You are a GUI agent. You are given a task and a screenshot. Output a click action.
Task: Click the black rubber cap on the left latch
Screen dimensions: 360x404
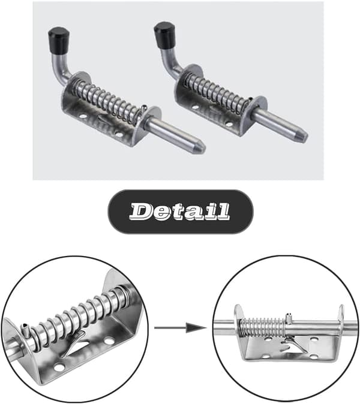pyautogui.click(x=59, y=38)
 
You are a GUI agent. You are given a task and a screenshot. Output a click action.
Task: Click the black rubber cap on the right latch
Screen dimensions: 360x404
pyautogui.click(x=164, y=33)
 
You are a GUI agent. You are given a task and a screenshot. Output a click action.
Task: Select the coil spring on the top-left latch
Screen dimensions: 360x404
pyautogui.click(x=109, y=99)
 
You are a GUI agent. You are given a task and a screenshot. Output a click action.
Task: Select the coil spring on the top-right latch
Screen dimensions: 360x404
pyautogui.click(x=215, y=92)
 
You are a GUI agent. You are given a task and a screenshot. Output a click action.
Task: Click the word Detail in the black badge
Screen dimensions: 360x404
pyautogui.click(x=179, y=211)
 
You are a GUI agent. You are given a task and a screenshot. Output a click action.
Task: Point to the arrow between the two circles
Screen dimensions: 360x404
pyautogui.click(x=181, y=328)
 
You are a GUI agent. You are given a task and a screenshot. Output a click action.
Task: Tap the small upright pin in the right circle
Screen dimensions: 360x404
pyautogui.click(x=289, y=318)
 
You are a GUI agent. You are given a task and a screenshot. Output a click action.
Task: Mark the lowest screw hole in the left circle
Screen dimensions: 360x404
pyautogui.click(x=59, y=367)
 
